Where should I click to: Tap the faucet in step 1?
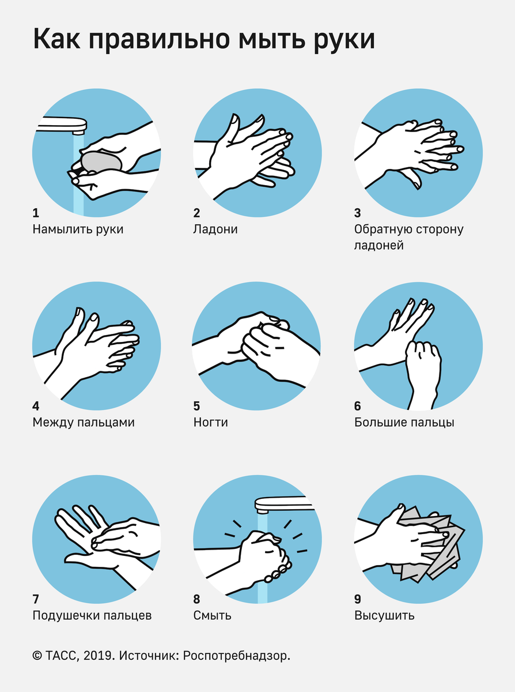point(62,125)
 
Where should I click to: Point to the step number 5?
point(196,406)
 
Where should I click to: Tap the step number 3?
point(358,213)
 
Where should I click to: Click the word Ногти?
point(211,422)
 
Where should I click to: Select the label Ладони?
point(215,230)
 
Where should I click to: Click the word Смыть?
point(213,615)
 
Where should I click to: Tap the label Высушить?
point(384,615)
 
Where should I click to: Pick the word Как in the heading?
point(56,39)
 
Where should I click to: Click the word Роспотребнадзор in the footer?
point(236,656)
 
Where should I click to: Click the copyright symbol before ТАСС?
point(37,656)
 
